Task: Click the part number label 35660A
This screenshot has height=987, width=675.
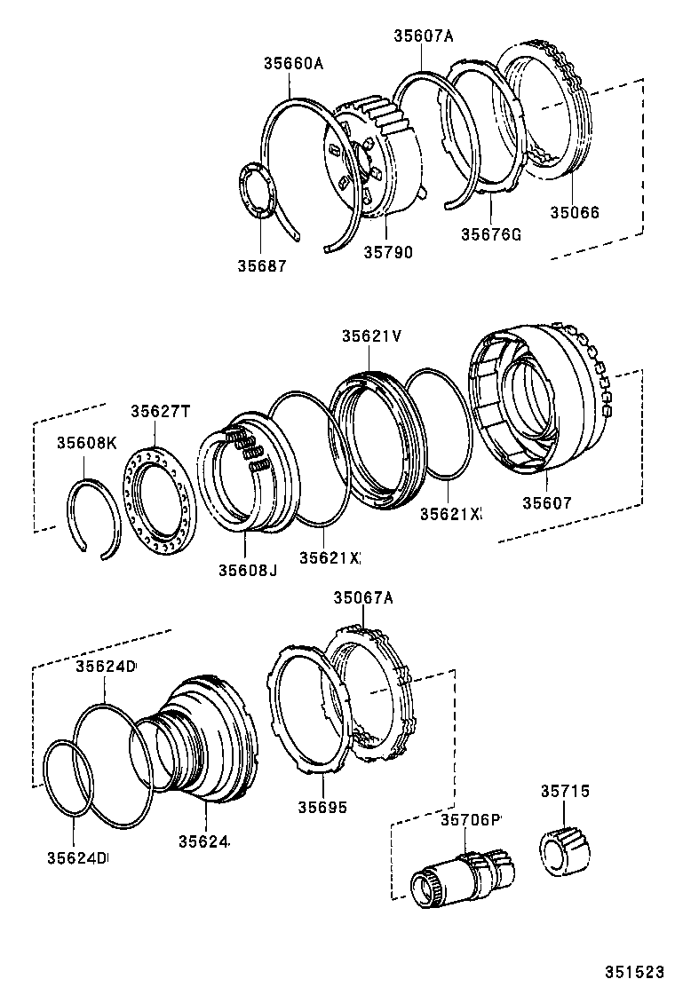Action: (x=292, y=63)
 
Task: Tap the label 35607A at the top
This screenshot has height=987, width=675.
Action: (x=424, y=36)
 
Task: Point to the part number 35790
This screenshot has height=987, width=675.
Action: (x=387, y=252)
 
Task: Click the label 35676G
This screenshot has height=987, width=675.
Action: (x=490, y=235)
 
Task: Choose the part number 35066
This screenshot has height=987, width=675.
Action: (x=574, y=213)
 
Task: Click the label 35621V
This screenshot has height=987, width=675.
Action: (x=372, y=336)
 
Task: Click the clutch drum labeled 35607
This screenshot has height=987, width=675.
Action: (x=533, y=408)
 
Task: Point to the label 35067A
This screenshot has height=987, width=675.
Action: (x=362, y=598)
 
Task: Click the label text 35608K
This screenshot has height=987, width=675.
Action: (x=86, y=442)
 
